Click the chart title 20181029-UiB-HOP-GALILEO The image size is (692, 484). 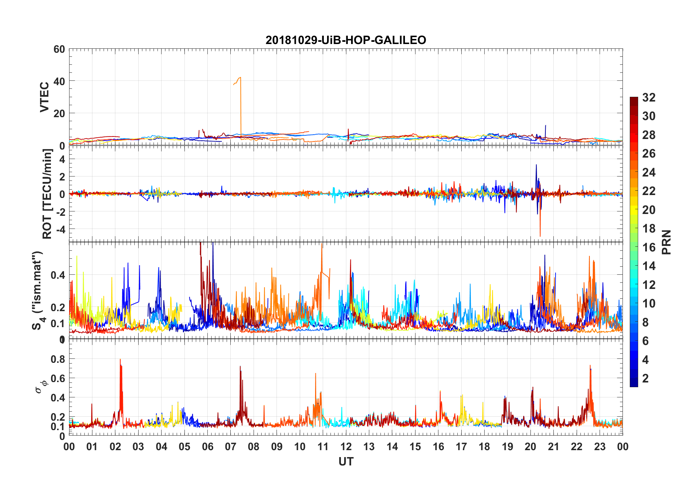coord(346,40)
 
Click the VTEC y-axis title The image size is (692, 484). coord(44,97)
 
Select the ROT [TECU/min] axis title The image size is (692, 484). coord(47,194)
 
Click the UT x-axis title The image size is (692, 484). coord(346,462)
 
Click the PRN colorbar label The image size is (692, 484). coord(666,242)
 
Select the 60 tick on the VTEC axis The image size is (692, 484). coord(59,49)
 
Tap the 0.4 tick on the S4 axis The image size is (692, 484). coord(58,275)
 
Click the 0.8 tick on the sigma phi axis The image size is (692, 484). coord(58,359)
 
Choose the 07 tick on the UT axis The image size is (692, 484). coord(231,447)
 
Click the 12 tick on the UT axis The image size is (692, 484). coord(346,447)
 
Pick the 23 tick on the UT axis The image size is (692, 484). coord(600,447)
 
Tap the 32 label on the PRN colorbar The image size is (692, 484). coord(649,98)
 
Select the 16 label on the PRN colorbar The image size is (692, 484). coord(649,247)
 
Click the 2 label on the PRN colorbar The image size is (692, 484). coord(645,378)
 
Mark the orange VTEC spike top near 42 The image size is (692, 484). coord(240,78)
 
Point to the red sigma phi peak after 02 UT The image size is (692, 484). coord(120,360)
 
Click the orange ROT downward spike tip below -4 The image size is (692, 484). coord(540,236)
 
